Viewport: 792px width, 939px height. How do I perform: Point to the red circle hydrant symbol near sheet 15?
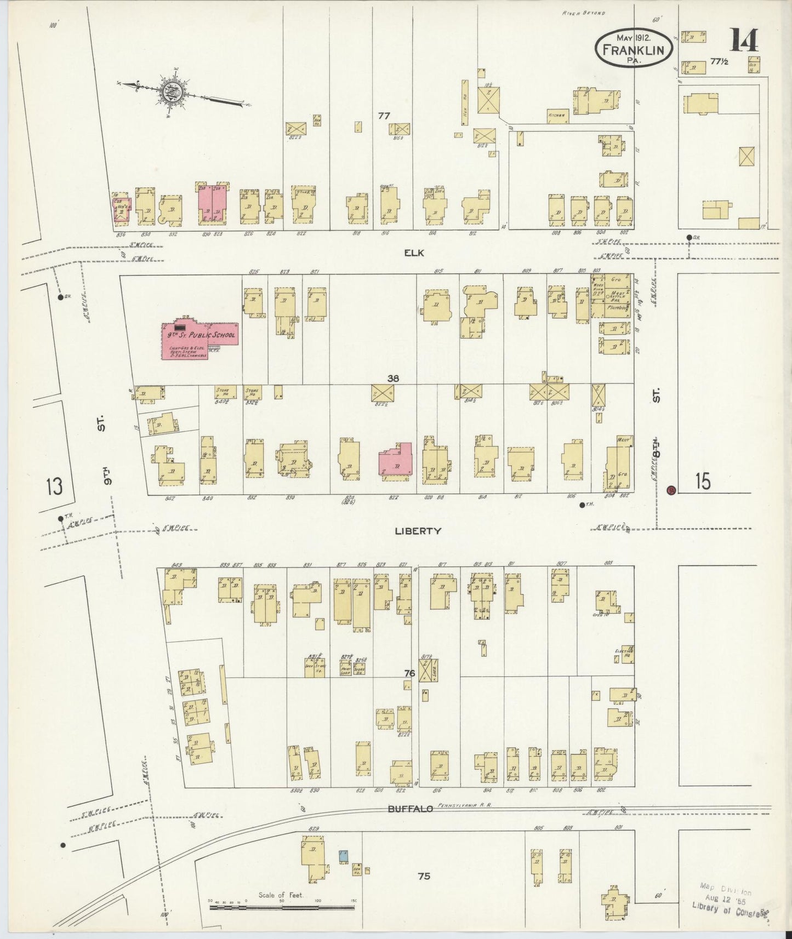point(670,490)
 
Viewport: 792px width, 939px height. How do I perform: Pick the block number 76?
point(409,673)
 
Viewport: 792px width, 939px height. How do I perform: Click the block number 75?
point(423,876)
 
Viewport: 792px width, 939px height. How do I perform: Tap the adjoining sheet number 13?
point(54,486)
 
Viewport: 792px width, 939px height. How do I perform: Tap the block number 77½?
point(719,62)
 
